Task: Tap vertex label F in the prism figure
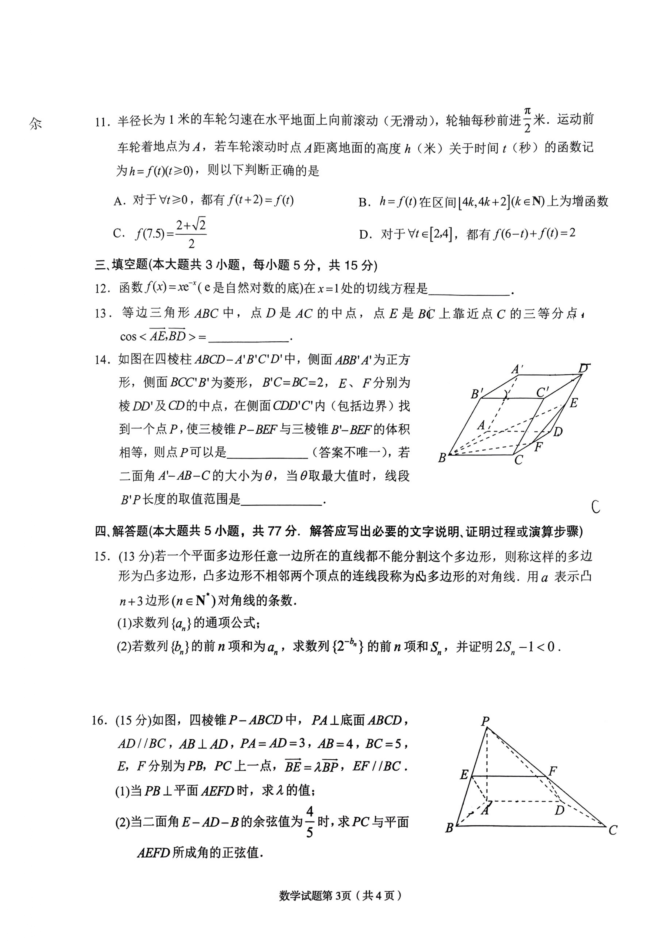pos(538,446)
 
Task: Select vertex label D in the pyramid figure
pos(560,810)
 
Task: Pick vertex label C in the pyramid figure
pos(613,830)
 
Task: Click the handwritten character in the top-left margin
pos(35,123)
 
